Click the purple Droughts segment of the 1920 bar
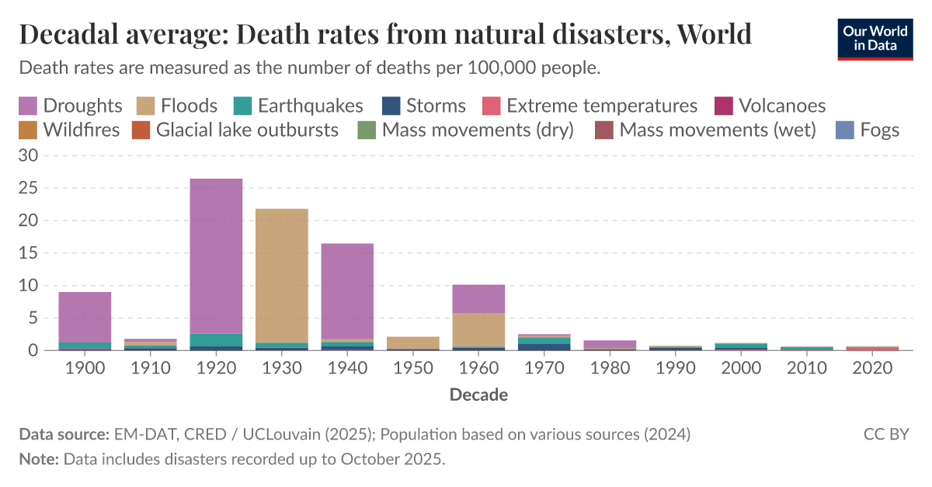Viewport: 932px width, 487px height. [x=216, y=256]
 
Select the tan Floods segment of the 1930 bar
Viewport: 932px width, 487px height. [x=282, y=276]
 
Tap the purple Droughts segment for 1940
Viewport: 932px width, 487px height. [x=347, y=291]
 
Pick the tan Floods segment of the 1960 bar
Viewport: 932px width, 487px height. [x=478, y=329]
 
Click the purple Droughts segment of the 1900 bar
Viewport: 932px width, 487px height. [x=85, y=317]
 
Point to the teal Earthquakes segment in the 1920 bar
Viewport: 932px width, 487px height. [x=216, y=340]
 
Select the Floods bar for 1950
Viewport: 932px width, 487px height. [x=413, y=343]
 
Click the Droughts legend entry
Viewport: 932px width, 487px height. [x=71, y=106]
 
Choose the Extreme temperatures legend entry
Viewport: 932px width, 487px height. [x=591, y=106]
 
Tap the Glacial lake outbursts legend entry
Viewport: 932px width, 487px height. [x=236, y=130]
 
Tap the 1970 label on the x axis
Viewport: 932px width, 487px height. [x=544, y=368]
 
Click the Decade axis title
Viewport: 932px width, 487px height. [x=478, y=395]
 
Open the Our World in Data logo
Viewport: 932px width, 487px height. [x=875, y=38]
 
